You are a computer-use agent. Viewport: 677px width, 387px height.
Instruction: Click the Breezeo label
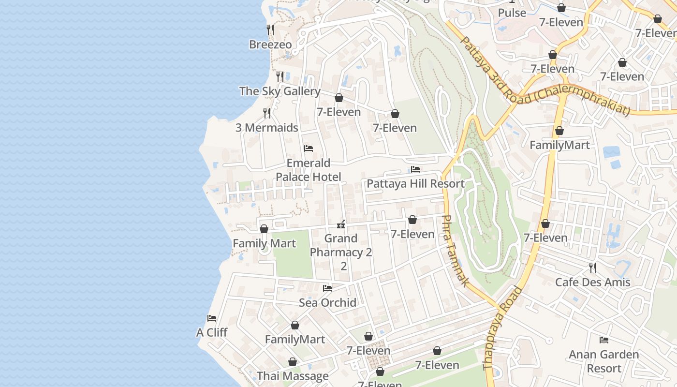click(270, 45)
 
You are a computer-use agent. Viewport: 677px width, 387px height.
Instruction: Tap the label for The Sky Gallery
click(280, 91)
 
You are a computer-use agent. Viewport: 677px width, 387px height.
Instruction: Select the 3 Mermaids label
click(266, 128)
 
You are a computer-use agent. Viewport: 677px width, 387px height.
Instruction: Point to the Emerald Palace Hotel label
click(308, 170)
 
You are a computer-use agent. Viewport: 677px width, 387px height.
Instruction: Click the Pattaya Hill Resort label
click(415, 184)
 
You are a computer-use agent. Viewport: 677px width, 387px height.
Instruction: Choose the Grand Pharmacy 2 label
click(341, 245)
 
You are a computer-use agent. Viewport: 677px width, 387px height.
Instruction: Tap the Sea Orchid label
click(327, 303)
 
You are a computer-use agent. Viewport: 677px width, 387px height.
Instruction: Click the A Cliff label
click(212, 333)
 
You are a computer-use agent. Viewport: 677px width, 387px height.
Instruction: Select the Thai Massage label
click(293, 376)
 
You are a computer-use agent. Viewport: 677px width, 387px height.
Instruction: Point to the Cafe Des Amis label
click(592, 283)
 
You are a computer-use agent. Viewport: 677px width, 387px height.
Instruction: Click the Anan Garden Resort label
click(603, 361)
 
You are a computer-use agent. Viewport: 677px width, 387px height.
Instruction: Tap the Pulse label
click(512, 13)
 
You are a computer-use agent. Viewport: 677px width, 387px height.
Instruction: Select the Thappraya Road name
click(503, 329)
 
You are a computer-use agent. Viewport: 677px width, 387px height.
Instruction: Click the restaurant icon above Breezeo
click(270, 30)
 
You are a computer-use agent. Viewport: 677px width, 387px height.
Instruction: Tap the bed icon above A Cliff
click(212, 318)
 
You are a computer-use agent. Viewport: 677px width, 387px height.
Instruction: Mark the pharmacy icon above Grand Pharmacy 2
click(341, 224)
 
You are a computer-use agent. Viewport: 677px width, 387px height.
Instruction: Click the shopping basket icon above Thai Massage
click(293, 362)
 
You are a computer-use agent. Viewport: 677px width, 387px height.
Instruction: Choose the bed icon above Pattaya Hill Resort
click(415, 169)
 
